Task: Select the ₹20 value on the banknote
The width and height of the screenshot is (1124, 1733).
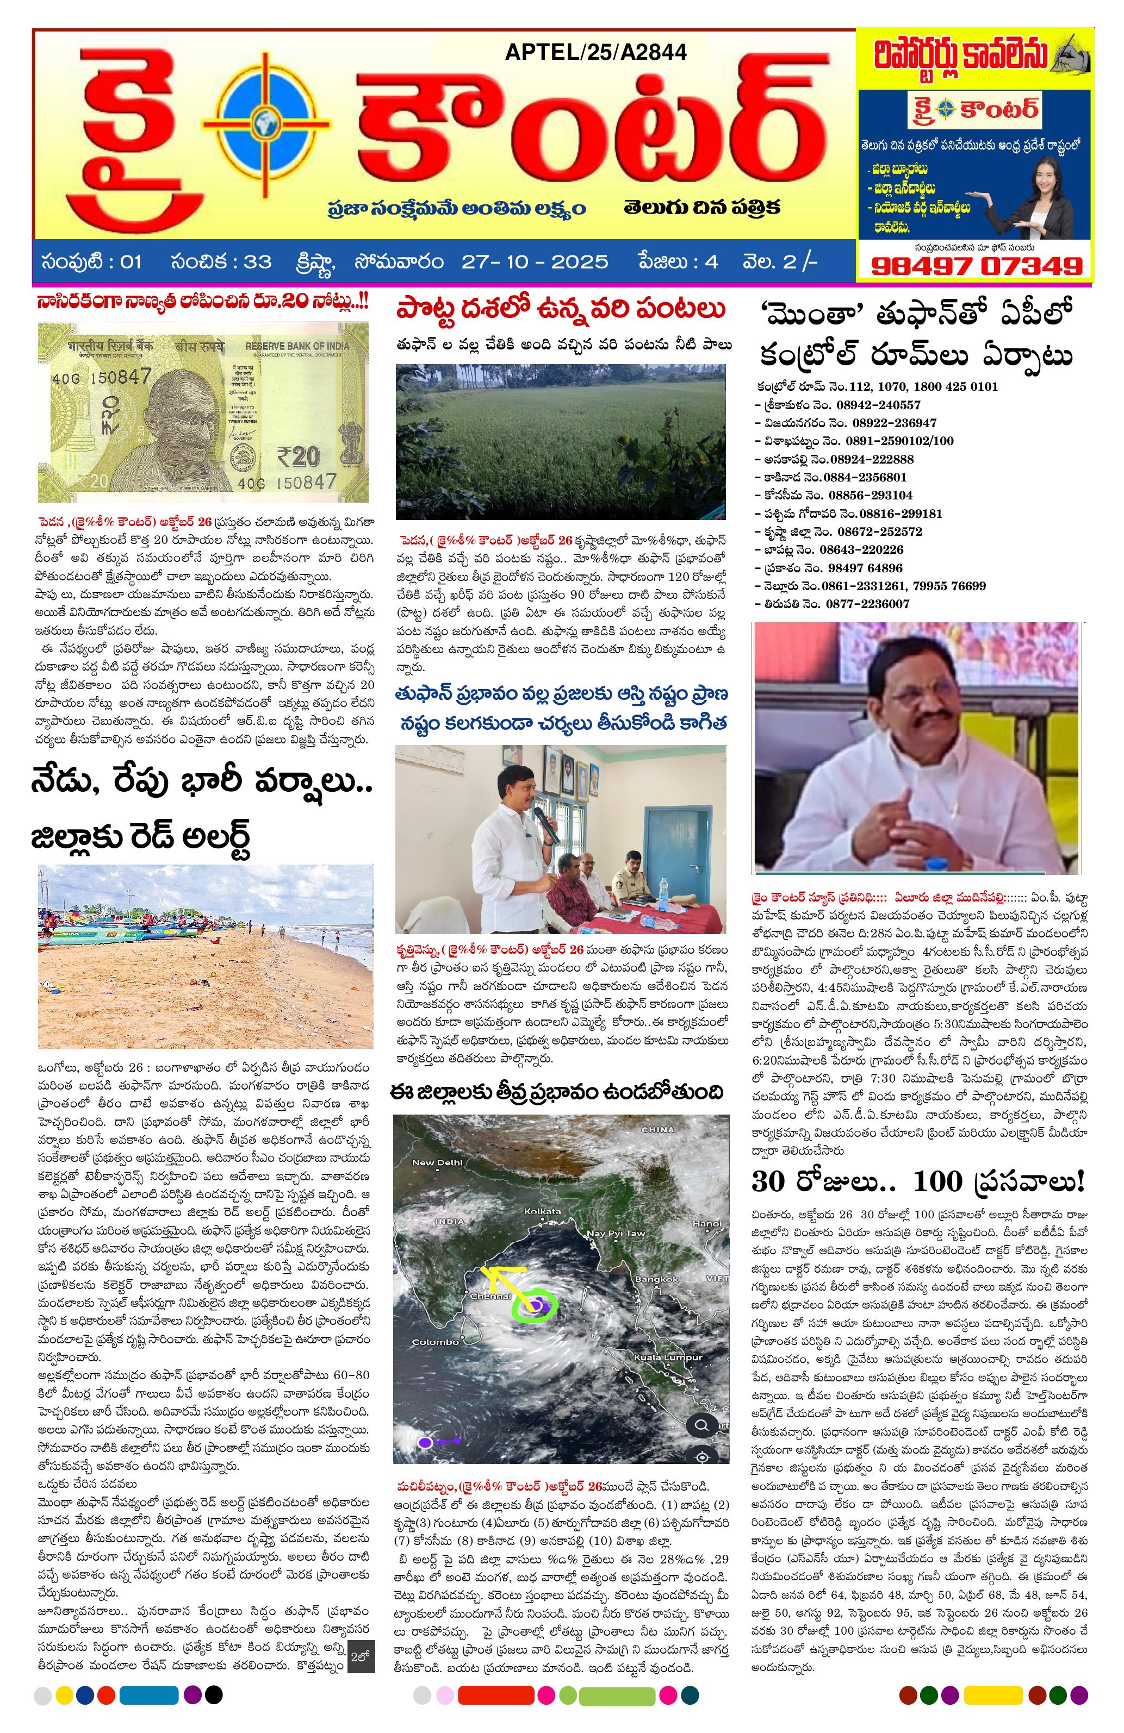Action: coord(298,456)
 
